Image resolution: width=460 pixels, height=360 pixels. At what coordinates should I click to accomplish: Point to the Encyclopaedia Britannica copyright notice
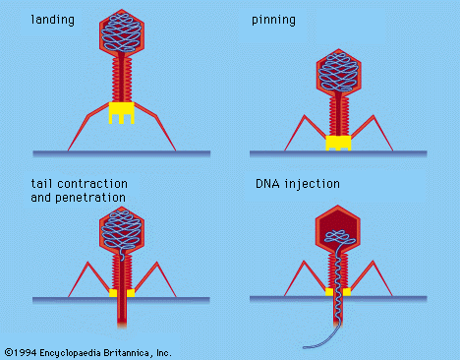click(x=87, y=351)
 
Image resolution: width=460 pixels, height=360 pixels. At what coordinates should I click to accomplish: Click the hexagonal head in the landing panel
click(x=122, y=35)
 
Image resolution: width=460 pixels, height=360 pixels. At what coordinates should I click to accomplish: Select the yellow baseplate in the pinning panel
click(x=339, y=144)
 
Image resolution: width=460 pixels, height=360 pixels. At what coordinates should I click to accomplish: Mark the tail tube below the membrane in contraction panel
click(x=123, y=320)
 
